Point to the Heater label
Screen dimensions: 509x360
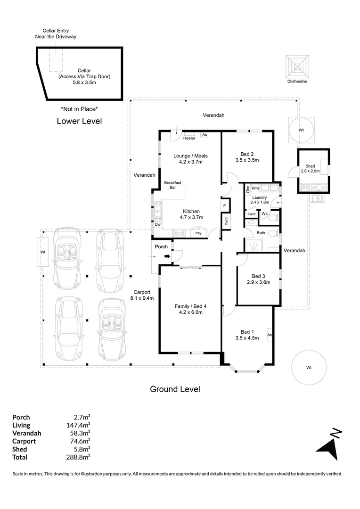(189, 138)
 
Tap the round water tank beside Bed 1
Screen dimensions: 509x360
(309, 367)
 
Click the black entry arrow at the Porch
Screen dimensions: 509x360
(167, 256)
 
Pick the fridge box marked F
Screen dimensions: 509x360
(225, 206)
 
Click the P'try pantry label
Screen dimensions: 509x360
(199, 233)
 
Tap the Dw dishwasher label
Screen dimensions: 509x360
(157, 224)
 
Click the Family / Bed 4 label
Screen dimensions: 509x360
(190, 309)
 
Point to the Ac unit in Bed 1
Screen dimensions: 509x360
(270, 335)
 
